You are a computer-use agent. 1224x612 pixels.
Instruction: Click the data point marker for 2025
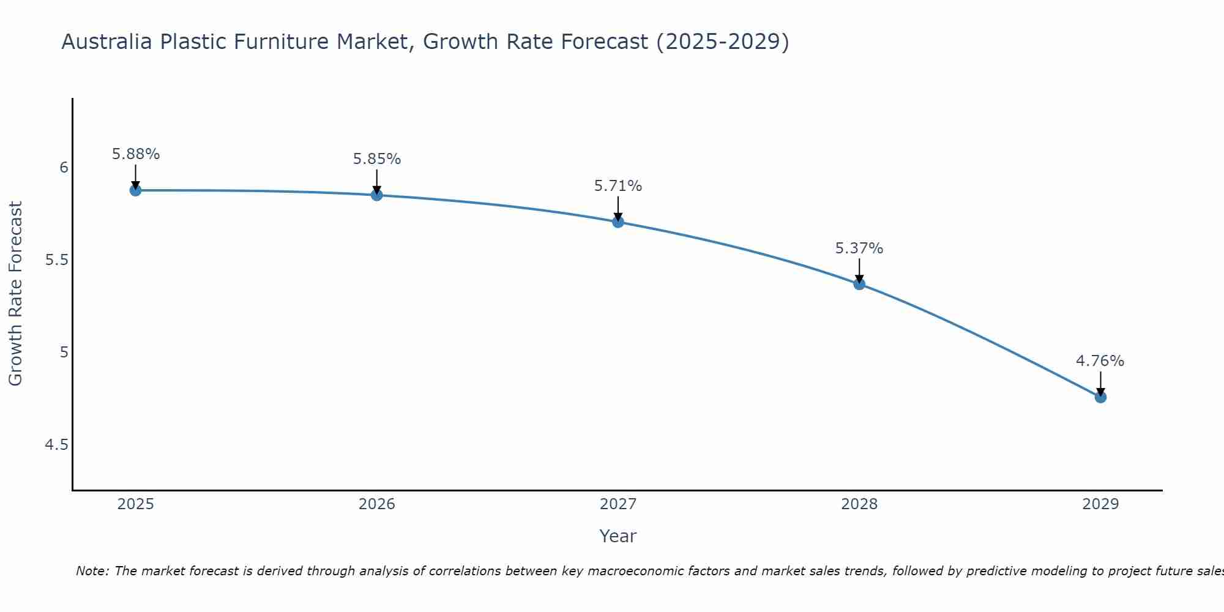tap(135, 190)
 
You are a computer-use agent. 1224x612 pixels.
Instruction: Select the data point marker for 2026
tap(377, 195)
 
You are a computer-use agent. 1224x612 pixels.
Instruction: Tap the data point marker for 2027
tap(618, 222)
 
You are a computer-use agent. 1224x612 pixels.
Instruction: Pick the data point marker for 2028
tap(859, 284)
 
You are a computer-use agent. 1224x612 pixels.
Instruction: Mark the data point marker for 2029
tap(1100, 397)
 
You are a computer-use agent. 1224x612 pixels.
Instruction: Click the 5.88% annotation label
tap(135, 154)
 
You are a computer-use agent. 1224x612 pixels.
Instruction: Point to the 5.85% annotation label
tap(377, 159)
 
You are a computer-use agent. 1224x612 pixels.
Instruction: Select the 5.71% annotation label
tap(618, 186)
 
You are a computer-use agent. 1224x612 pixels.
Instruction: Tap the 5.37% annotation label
tap(859, 248)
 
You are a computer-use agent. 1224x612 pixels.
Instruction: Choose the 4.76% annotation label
tap(1100, 361)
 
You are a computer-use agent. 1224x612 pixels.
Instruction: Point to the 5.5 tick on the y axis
tap(57, 260)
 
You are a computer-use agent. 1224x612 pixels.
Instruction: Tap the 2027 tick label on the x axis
tap(618, 504)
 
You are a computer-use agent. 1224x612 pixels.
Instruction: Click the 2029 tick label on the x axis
tap(1100, 504)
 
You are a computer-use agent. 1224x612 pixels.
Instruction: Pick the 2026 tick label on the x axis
tap(377, 504)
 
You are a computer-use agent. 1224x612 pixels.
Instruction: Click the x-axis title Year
tap(618, 536)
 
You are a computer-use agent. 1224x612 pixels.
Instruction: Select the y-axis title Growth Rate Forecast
tap(16, 294)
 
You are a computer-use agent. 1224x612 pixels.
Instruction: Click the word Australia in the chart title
tap(107, 42)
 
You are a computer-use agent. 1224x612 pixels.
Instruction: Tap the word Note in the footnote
tap(92, 571)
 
